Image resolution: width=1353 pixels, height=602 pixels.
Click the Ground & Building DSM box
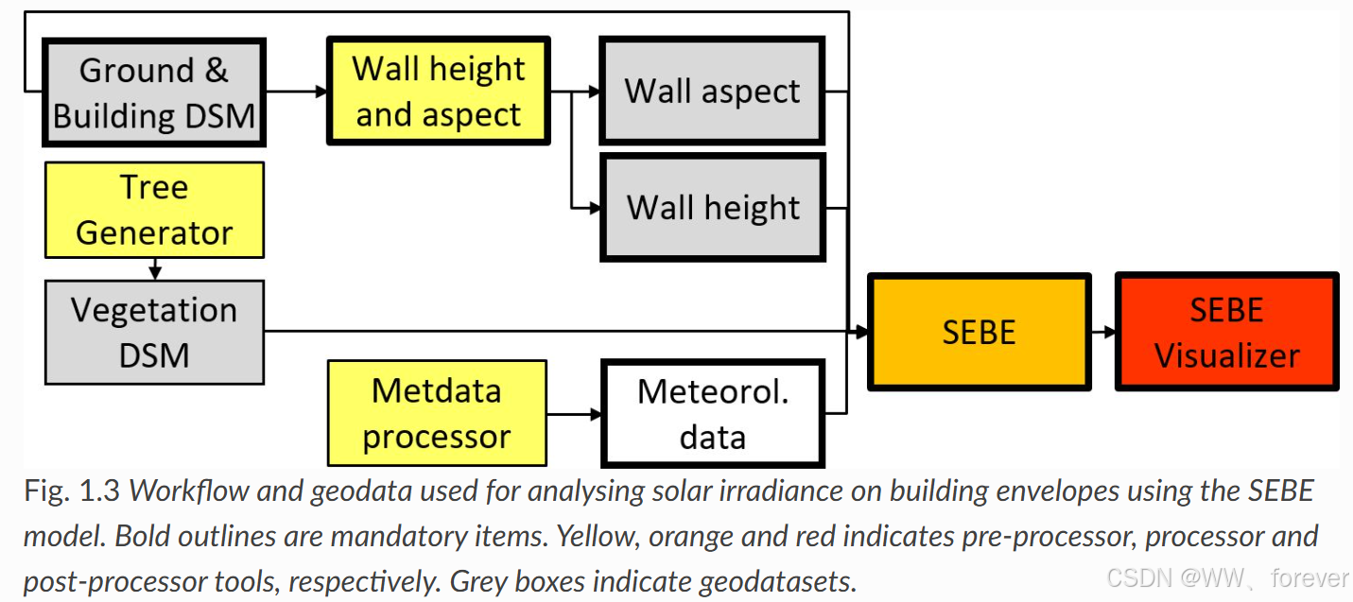point(154,93)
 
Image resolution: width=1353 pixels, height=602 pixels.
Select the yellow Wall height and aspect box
point(439,91)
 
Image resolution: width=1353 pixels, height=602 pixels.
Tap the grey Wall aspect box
point(712,91)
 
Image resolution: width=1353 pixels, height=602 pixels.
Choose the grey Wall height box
point(713,207)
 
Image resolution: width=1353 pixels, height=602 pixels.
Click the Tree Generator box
point(154,210)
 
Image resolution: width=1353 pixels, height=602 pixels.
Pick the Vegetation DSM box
point(154,332)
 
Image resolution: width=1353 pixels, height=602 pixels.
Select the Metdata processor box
point(437,413)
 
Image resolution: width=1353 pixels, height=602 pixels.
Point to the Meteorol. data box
point(713,413)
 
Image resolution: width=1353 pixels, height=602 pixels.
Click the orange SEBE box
point(979,332)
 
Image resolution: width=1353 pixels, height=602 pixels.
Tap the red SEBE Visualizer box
point(1226,332)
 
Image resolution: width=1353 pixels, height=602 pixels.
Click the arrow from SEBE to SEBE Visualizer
point(1102,332)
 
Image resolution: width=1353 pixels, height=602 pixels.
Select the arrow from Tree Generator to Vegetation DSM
point(155,268)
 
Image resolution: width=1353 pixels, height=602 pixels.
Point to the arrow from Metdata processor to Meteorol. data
point(573,413)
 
